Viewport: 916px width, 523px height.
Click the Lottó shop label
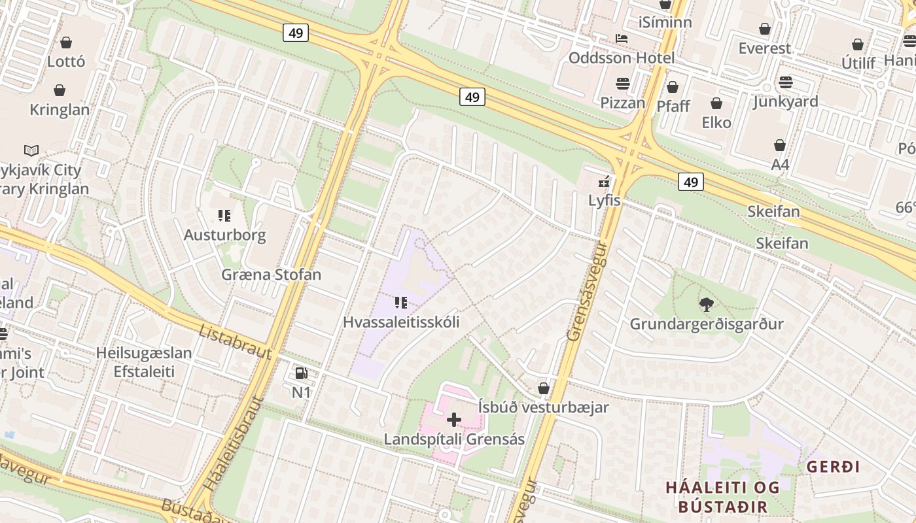[66, 61]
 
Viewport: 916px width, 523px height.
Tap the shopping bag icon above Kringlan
[60, 90]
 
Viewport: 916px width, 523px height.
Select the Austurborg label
[224, 235]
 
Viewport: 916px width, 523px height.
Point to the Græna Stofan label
[271, 274]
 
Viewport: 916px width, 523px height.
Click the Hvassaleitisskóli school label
[401, 322]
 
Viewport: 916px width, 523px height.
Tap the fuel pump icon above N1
[301, 373]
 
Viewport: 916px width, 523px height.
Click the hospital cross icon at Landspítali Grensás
[454, 419]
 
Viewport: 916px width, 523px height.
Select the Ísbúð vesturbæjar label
[543, 407]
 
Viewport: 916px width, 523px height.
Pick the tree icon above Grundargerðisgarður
[706, 304]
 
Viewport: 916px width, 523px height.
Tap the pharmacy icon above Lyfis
[605, 182]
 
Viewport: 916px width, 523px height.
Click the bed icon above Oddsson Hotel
[622, 39]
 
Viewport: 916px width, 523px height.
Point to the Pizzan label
[623, 103]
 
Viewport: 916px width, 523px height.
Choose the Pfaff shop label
[673, 106]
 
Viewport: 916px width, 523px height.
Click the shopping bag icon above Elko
[716, 103]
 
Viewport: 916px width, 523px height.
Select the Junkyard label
[785, 101]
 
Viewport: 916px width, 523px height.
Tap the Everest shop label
[764, 48]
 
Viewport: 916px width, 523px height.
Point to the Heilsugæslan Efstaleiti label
[144, 362]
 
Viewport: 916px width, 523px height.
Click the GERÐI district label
[833, 467]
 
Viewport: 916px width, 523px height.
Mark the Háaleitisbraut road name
[233, 445]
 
